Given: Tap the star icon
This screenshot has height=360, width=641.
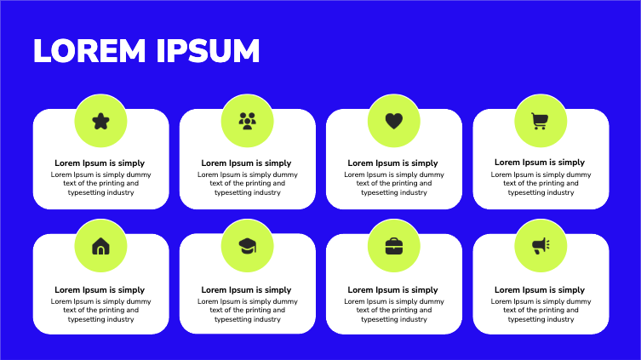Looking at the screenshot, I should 100,121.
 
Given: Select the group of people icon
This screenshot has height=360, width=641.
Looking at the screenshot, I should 247,121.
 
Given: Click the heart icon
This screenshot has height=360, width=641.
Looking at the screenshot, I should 393,121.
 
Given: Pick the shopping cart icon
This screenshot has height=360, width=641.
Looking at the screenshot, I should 540,121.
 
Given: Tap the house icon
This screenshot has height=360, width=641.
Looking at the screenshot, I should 100,246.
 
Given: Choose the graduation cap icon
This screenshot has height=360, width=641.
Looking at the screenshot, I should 247,246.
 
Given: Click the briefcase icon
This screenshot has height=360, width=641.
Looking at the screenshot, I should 393,246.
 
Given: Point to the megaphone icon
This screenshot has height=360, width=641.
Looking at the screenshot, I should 541,246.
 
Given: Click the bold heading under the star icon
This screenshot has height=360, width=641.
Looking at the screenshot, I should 100,163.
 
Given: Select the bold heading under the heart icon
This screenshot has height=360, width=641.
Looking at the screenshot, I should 393,163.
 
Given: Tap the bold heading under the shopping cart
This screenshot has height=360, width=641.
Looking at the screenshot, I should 540,162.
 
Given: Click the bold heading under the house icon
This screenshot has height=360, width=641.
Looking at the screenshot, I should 100,290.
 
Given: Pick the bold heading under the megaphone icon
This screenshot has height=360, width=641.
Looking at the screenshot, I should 540,290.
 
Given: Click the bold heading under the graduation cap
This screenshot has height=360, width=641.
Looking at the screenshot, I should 247,290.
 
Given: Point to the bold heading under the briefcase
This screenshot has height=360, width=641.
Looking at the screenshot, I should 393,290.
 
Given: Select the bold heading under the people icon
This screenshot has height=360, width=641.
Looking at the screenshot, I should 247,163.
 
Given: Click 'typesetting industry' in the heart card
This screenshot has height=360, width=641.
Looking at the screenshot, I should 393,192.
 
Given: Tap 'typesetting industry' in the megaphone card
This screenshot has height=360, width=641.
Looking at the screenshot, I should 540,319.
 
